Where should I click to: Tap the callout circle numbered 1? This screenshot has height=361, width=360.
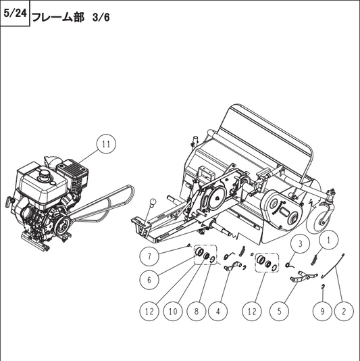point(328,239)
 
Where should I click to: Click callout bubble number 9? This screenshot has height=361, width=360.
point(322,312)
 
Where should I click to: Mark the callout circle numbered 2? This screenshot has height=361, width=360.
point(344,312)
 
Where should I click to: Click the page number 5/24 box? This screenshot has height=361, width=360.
point(15,14)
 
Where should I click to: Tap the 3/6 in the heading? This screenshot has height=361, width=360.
point(99,16)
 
